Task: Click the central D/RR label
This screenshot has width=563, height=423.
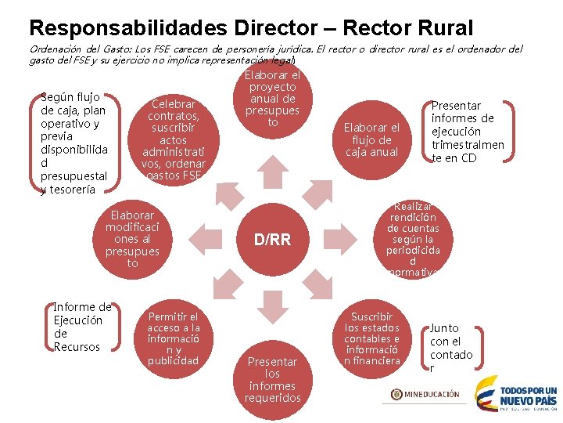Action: tap(272, 240)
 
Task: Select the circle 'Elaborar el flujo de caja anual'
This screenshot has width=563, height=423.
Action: tap(372, 139)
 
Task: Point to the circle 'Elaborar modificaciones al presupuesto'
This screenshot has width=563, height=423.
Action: tap(132, 238)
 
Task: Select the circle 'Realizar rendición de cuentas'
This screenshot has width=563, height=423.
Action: tap(412, 238)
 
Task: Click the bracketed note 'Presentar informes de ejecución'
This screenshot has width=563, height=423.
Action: tap(468, 132)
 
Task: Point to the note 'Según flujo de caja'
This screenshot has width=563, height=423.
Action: tap(74, 143)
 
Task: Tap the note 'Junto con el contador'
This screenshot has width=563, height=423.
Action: tap(451, 348)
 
